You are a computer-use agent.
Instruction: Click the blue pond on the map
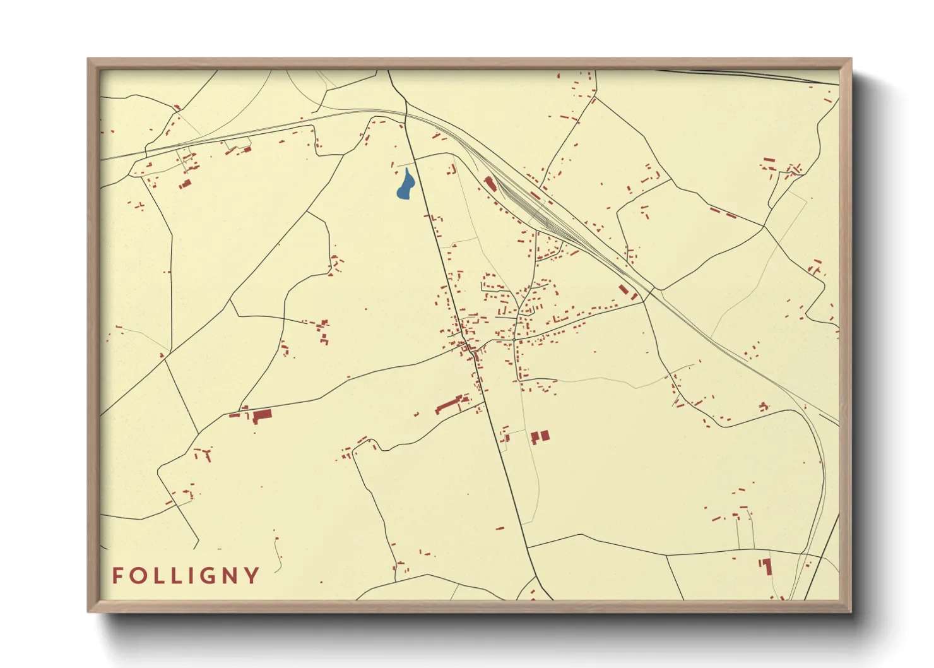coord(405,185)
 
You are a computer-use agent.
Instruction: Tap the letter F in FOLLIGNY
coord(117,576)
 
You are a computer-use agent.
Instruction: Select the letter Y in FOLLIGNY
coord(252,576)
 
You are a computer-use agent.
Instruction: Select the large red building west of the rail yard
coord(489,184)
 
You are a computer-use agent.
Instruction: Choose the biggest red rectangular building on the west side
coord(262,415)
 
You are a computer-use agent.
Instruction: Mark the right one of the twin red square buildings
coord(545,435)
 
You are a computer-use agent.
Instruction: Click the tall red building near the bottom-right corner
coord(768,566)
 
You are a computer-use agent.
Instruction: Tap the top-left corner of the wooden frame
coord(88,59)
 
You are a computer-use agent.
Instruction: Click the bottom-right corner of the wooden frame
coord(851,611)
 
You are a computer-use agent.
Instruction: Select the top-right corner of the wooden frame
coord(851,59)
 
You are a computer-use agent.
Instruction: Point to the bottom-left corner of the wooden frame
coord(88,611)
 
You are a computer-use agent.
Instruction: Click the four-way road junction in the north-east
coord(764,226)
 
